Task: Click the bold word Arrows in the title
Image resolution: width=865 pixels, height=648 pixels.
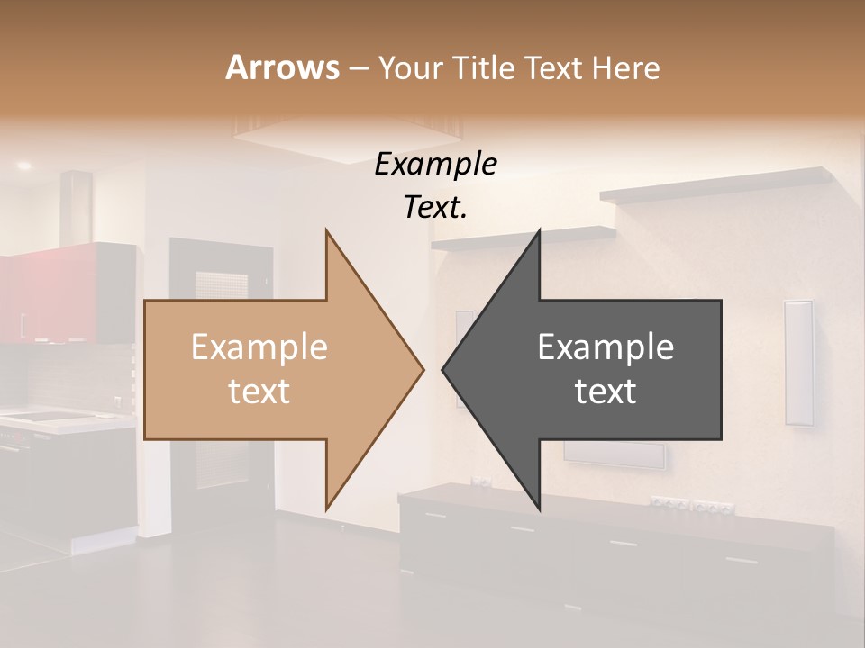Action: [282, 67]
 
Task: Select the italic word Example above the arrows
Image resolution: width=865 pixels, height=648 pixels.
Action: [435, 165]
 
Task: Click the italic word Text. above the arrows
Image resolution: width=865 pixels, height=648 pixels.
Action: [435, 208]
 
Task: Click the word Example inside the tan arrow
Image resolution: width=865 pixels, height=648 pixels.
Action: [259, 346]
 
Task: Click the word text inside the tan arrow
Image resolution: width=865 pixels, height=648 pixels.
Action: [259, 391]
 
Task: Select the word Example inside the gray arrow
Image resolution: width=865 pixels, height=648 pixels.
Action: [605, 346]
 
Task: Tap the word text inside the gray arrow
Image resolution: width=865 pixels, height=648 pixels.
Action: [605, 391]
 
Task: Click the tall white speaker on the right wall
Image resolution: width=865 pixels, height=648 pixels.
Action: [798, 362]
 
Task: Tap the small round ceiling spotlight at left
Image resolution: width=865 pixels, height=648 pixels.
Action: [23, 166]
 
